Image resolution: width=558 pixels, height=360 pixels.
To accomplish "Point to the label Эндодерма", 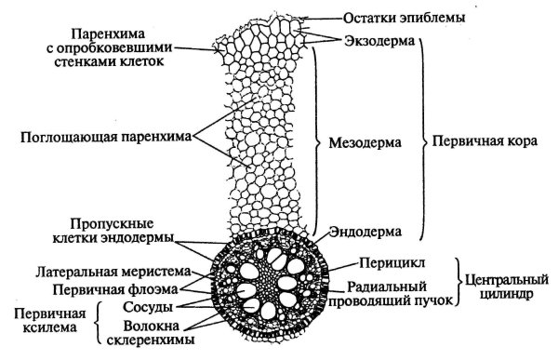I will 371,229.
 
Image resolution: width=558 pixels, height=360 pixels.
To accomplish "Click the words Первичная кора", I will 481,144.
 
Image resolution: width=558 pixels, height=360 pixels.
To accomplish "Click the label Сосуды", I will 146,306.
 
